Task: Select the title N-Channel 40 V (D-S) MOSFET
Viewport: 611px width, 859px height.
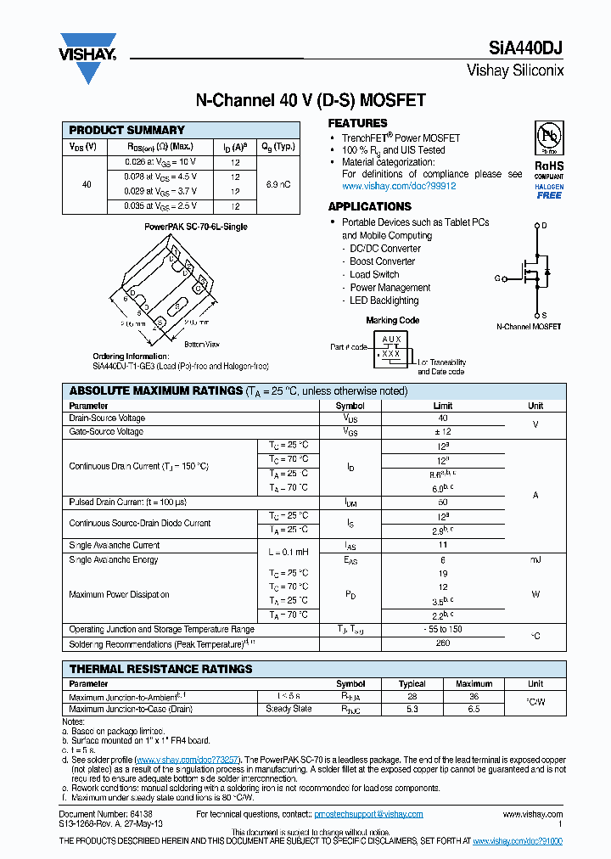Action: [311, 100]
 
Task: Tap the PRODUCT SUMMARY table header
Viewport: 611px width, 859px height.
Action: [126, 130]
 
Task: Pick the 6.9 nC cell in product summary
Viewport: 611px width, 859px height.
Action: [279, 183]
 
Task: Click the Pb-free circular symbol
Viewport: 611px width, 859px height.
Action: [549, 137]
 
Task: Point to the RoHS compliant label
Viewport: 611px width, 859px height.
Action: [549, 166]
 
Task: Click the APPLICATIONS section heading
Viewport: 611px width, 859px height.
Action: [369, 206]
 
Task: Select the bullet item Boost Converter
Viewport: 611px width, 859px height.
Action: [382, 261]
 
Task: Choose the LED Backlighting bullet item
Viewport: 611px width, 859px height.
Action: [384, 300]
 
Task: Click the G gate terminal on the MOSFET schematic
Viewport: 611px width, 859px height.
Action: [497, 278]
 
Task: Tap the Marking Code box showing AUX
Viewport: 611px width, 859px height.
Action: [391, 347]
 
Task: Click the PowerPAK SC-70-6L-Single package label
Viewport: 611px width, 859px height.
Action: [196, 227]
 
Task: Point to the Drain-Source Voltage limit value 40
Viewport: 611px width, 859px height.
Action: [443, 418]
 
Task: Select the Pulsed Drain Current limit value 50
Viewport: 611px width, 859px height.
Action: [443, 502]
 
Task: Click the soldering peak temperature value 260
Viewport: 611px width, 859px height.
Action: [443, 643]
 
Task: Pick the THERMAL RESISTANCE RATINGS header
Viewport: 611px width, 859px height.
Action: [160, 669]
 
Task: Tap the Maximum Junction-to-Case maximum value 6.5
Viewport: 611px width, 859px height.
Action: [474, 709]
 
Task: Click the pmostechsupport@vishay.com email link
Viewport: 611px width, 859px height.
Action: [368, 814]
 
